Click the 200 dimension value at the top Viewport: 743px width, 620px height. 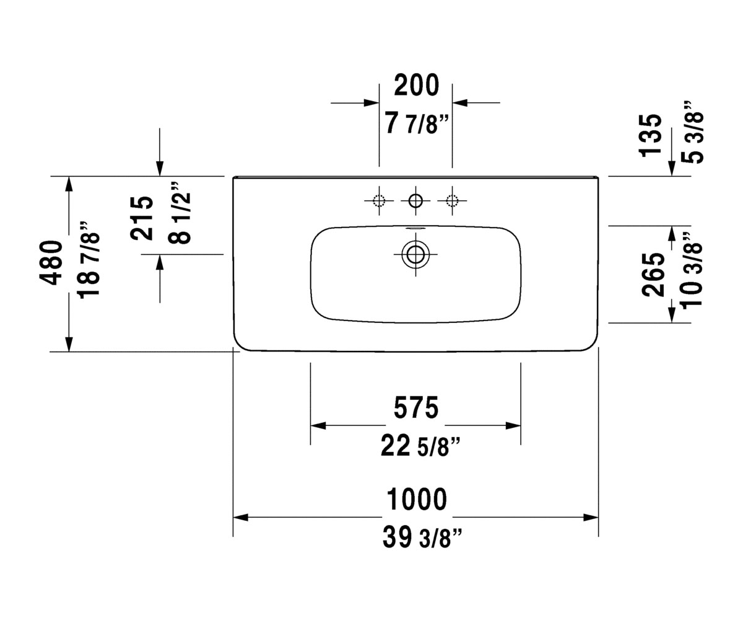416,85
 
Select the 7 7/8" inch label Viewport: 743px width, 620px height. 416,123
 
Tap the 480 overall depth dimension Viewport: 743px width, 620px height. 51,263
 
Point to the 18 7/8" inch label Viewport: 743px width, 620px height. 89,260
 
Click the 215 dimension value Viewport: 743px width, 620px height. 141,218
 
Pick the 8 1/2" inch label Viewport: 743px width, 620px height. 180,213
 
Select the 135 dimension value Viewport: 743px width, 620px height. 650,135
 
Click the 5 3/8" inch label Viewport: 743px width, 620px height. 692,132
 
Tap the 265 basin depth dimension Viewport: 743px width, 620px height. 653,275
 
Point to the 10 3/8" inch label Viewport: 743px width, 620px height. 692,271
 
